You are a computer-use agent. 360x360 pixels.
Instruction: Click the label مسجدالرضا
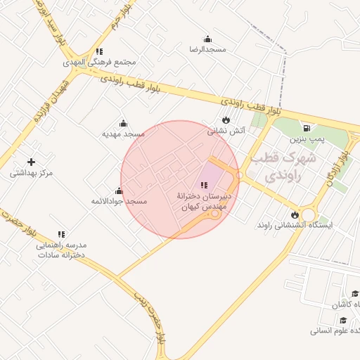click(207, 49)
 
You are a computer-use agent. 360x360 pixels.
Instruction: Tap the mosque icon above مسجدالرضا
click(207, 39)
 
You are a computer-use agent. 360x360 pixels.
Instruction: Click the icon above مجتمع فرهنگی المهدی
click(99, 51)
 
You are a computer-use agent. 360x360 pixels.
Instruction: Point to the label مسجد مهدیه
click(123, 133)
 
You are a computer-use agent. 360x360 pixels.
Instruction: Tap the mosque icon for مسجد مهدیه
click(123, 123)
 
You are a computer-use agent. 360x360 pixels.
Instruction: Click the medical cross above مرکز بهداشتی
click(31, 162)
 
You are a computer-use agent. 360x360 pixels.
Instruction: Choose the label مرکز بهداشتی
click(31, 173)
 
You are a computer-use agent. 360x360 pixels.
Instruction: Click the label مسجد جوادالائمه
click(119, 201)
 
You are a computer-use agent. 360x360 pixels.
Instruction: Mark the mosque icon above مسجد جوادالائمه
click(119, 191)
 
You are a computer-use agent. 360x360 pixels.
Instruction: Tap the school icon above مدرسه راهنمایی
click(61, 233)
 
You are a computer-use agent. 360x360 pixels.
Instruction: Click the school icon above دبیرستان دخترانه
click(205, 184)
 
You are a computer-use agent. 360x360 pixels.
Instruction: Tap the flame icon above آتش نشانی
click(225, 120)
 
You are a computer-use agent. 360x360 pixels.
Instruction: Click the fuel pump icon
click(307, 128)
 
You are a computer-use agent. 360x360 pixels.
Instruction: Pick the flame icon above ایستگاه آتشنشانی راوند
click(295, 214)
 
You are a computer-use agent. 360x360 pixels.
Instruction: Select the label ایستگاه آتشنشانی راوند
click(295, 226)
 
